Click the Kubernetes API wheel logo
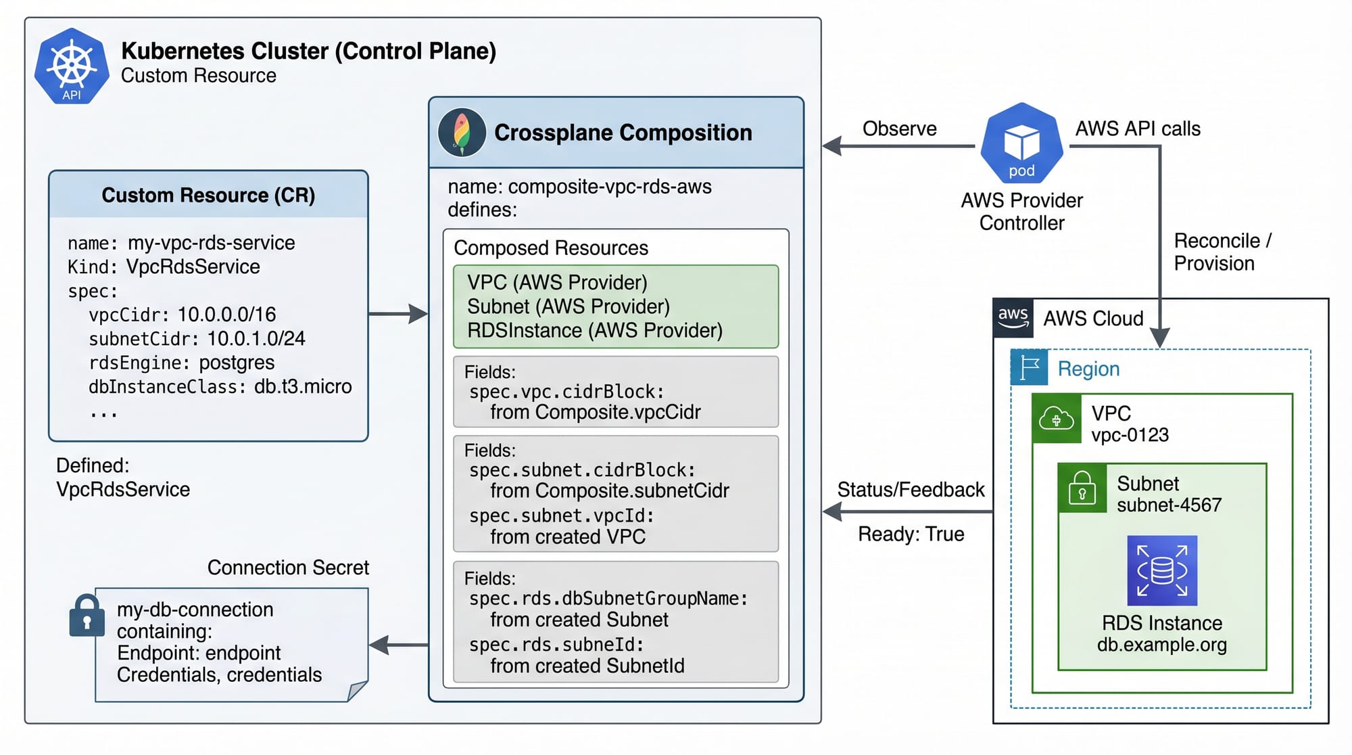pos(72,66)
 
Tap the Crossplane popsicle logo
pos(462,132)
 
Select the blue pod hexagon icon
pos(1021,143)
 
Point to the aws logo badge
pos(1013,317)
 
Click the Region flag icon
pos(1029,368)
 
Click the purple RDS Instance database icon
pos(1161,570)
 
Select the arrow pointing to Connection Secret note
pos(399,645)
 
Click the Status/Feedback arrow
pos(906,512)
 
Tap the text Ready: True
pos(911,534)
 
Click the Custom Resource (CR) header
pos(208,196)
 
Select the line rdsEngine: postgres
pos(181,363)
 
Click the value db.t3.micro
pos(303,387)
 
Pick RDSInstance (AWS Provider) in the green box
pos(594,331)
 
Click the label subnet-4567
pos(1169,505)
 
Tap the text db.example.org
pos(1161,645)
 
